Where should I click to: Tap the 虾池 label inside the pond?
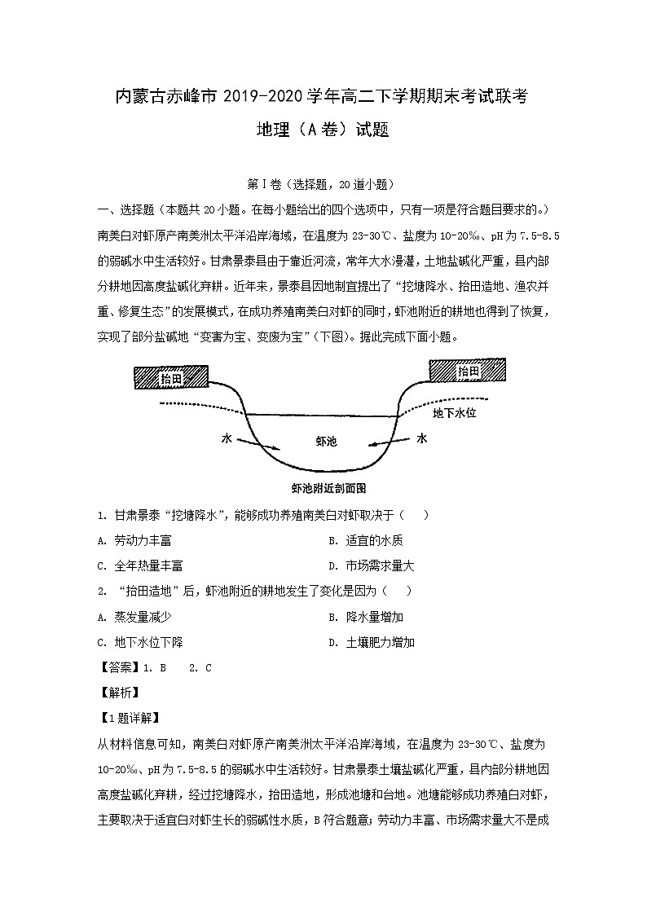(x=325, y=441)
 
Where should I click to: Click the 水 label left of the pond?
(x=227, y=438)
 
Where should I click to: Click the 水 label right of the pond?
(x=422, y=438)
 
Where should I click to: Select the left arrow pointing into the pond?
(x=259, y=442)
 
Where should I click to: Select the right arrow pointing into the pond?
(x=390, y=442)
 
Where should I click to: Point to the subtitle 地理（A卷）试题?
(x=323, y=130)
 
